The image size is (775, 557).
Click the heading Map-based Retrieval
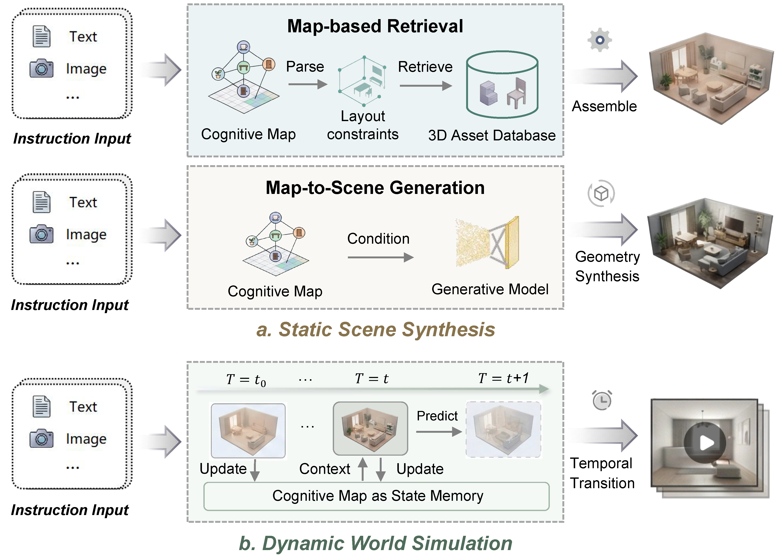375,26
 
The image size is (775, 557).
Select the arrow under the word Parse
308,84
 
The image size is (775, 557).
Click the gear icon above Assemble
600,40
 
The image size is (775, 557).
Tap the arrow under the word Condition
380,257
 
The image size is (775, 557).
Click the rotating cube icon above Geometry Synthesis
601,194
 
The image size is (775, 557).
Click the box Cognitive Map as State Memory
376,496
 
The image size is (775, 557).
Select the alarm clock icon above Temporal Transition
602,400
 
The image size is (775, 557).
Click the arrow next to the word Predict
439,432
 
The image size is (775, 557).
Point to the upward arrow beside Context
363,469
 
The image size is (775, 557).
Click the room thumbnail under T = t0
248,430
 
